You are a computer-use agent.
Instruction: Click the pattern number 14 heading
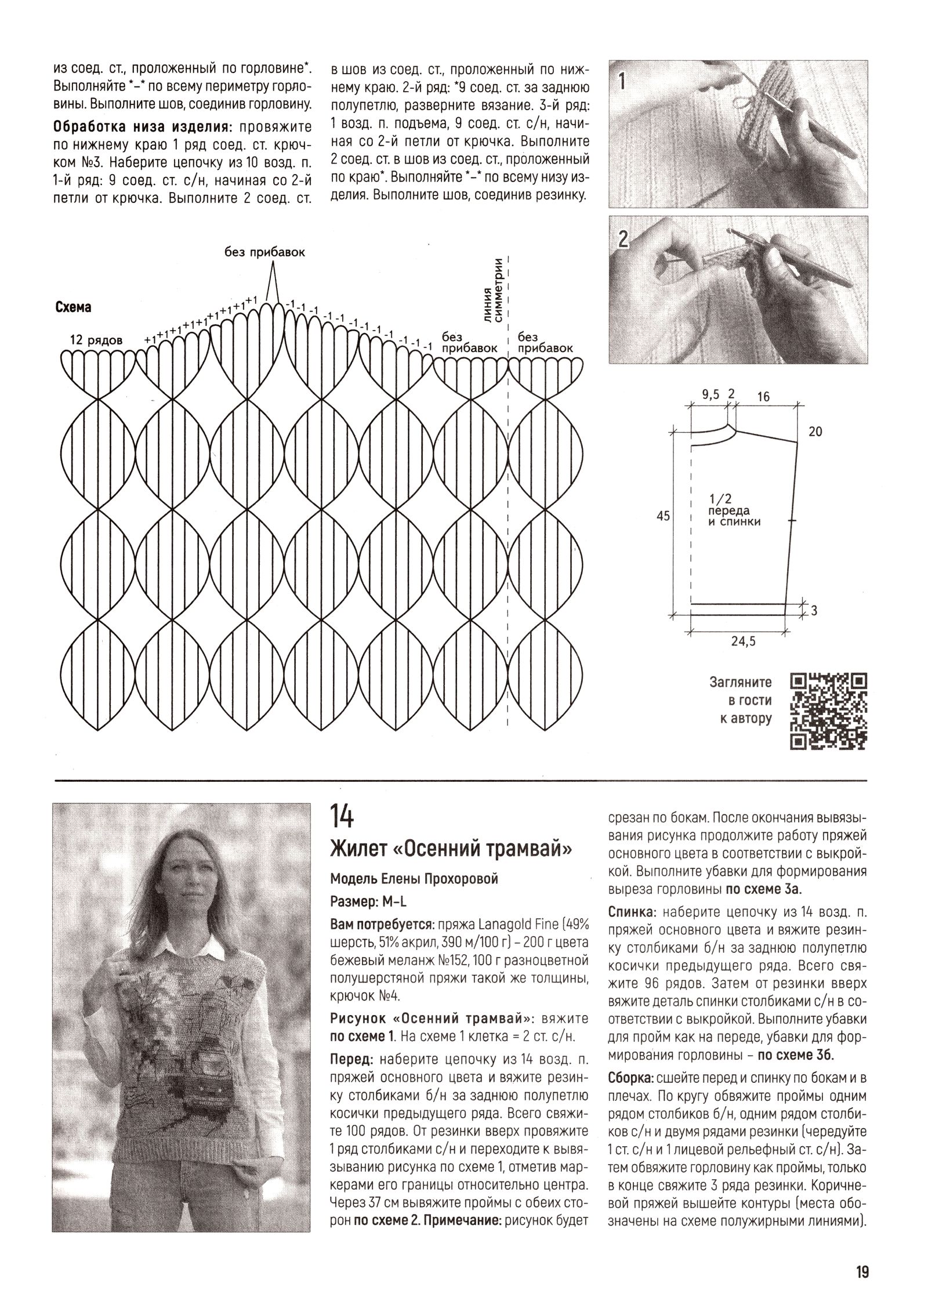click(x=342, y=817)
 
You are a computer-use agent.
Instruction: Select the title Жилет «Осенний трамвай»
click(x=451, y=850)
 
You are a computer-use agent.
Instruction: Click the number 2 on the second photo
click(x=622, y=238)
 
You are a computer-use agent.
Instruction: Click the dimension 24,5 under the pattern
click(x=741, y=641)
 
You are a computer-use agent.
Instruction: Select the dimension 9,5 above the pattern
click(x=710, y=395)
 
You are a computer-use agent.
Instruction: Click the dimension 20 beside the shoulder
click(x=815, y=432)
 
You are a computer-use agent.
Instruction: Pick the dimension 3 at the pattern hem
click(x=814, y=611)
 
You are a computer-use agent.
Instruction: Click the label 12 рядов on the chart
click(x=96, y=340)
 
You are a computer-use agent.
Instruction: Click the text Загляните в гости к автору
click(x=741, y=701)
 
